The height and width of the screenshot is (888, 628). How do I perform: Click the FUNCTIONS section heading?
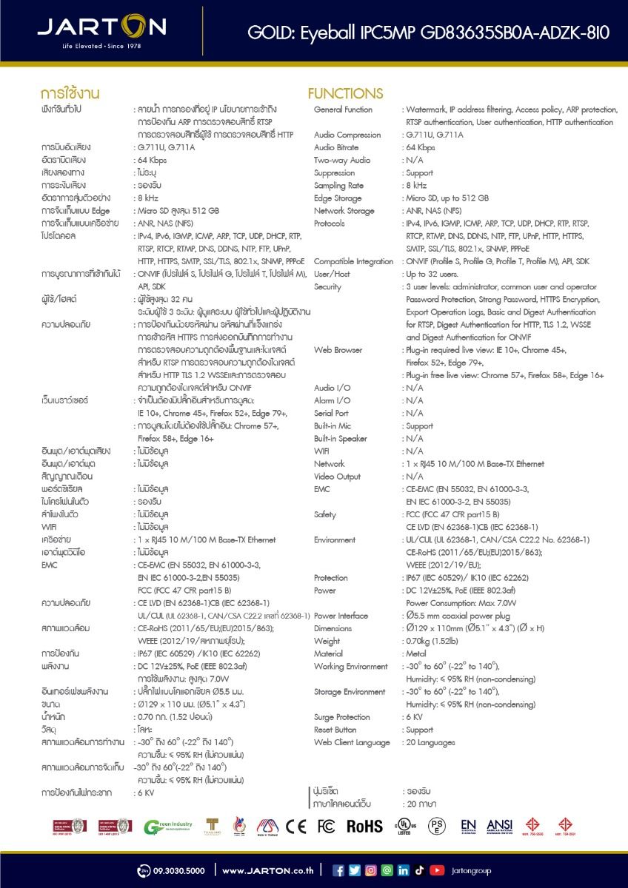pyautogui.click(x=345, y=94)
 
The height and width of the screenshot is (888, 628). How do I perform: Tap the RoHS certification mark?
pyautogui.click(x=364, y=826)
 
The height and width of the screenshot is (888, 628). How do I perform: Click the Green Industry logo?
pyautogui.click(x=168, y=826)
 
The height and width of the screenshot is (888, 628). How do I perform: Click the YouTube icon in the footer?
pyautogui.click(x=437, y=870)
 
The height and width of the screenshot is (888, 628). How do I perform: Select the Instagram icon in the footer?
pyautogui.click(x=370, y=870)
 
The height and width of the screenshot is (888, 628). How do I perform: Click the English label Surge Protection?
pyautogui.click(x=341, y=717)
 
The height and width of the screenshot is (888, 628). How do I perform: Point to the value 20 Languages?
pyautogui.click(x=430, y=742)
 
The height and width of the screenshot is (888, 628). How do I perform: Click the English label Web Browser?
pyautogui.click(x=338, y=350)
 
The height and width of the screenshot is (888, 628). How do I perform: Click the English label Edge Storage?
pyautogui.click(x=338, y=198)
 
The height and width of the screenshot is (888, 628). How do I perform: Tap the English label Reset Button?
pyautogui.click(x=335, y=730)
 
